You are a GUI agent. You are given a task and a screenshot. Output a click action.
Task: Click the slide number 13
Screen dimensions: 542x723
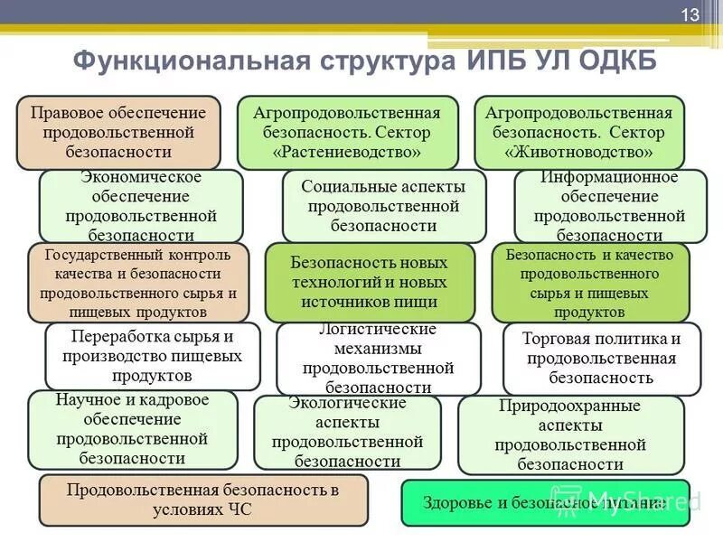[690, 15]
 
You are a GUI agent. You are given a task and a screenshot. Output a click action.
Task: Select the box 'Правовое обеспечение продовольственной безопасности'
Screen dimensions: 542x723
[118, 133]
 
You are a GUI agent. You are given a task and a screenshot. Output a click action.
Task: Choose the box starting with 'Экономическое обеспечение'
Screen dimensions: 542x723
[141, 206]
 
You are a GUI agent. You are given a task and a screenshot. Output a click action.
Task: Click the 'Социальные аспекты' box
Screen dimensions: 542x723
[384, 206]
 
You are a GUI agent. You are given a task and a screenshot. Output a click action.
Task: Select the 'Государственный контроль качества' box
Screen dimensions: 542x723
[137, 283]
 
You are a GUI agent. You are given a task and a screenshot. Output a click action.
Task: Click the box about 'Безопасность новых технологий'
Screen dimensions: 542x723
[369, 283]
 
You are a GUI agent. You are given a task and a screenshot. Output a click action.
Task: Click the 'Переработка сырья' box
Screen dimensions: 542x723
[153, 356]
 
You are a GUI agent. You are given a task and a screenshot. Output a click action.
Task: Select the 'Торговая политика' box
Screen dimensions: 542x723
[601, 358]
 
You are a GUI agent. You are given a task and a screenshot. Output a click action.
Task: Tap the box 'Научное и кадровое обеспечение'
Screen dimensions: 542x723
[132, 429]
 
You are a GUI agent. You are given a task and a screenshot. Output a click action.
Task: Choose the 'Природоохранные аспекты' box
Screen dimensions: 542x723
[569, 435]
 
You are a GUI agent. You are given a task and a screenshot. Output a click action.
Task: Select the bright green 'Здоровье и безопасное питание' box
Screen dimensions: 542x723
[545, 502]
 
